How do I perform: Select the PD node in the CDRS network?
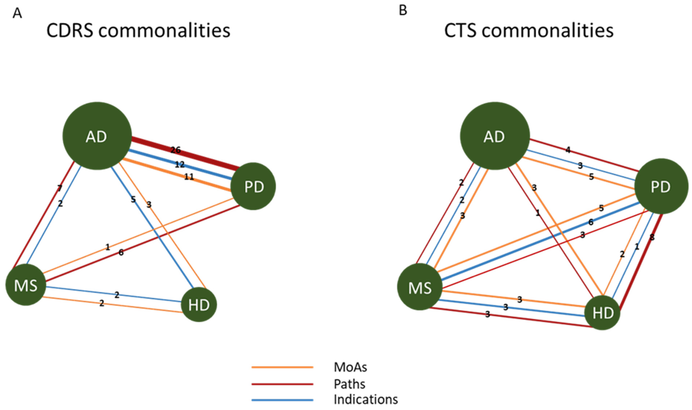(x=253, y=186)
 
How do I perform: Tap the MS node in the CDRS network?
(x=26, y=285)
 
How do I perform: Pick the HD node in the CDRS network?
(x=199, y=305)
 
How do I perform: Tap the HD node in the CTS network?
(x=602, y=313)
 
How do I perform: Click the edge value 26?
(x=176, y=150)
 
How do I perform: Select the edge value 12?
(x=180, y=165)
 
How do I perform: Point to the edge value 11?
(x=189, y=177)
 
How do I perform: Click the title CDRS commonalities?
(x=138, y=30)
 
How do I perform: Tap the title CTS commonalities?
(x=529, y=30)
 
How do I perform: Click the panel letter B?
(x=403, y=11)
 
